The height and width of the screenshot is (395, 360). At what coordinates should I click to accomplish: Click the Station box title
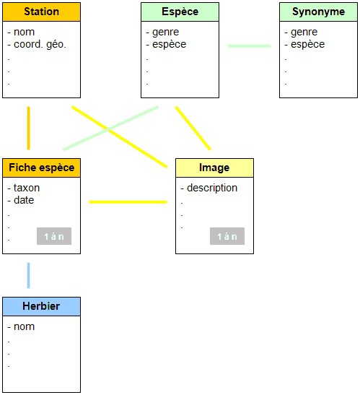pos(42,12)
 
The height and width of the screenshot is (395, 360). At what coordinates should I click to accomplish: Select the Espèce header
pos(180,12)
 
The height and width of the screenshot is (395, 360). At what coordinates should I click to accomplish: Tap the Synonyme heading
pos(318,12)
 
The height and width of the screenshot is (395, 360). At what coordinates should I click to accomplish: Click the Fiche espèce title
pos(42,168)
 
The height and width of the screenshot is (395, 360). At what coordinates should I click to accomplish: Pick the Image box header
pos(214,168)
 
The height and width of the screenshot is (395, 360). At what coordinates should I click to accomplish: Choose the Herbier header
pos(41,306)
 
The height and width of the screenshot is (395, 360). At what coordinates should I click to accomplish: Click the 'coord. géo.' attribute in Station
pos(40,44)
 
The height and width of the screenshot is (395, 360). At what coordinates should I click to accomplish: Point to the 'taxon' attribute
pos(27,188)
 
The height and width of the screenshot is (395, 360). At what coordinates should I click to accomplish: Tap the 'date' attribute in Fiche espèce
pos(24,200)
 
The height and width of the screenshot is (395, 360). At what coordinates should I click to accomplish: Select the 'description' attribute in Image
pos(212,188)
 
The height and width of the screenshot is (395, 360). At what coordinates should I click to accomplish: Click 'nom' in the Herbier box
pos(24,326)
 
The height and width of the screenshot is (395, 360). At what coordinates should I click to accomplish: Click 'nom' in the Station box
pos(24,32)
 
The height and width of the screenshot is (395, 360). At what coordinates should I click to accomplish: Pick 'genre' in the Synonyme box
pos(304,32)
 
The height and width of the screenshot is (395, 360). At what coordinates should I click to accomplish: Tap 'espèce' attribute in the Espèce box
pos(169,45)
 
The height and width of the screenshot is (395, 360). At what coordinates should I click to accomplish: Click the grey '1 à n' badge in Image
pos(227,236)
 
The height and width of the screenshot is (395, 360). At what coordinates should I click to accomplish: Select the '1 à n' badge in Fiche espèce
pos(54,236)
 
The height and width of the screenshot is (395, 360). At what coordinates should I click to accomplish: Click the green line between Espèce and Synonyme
pos(249,46)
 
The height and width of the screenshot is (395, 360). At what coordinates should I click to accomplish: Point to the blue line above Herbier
pos(28,275)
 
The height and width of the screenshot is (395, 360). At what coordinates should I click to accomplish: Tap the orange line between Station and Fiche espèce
pos(28,128)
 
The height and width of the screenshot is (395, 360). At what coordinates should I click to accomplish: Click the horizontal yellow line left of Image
pos(128,202)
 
